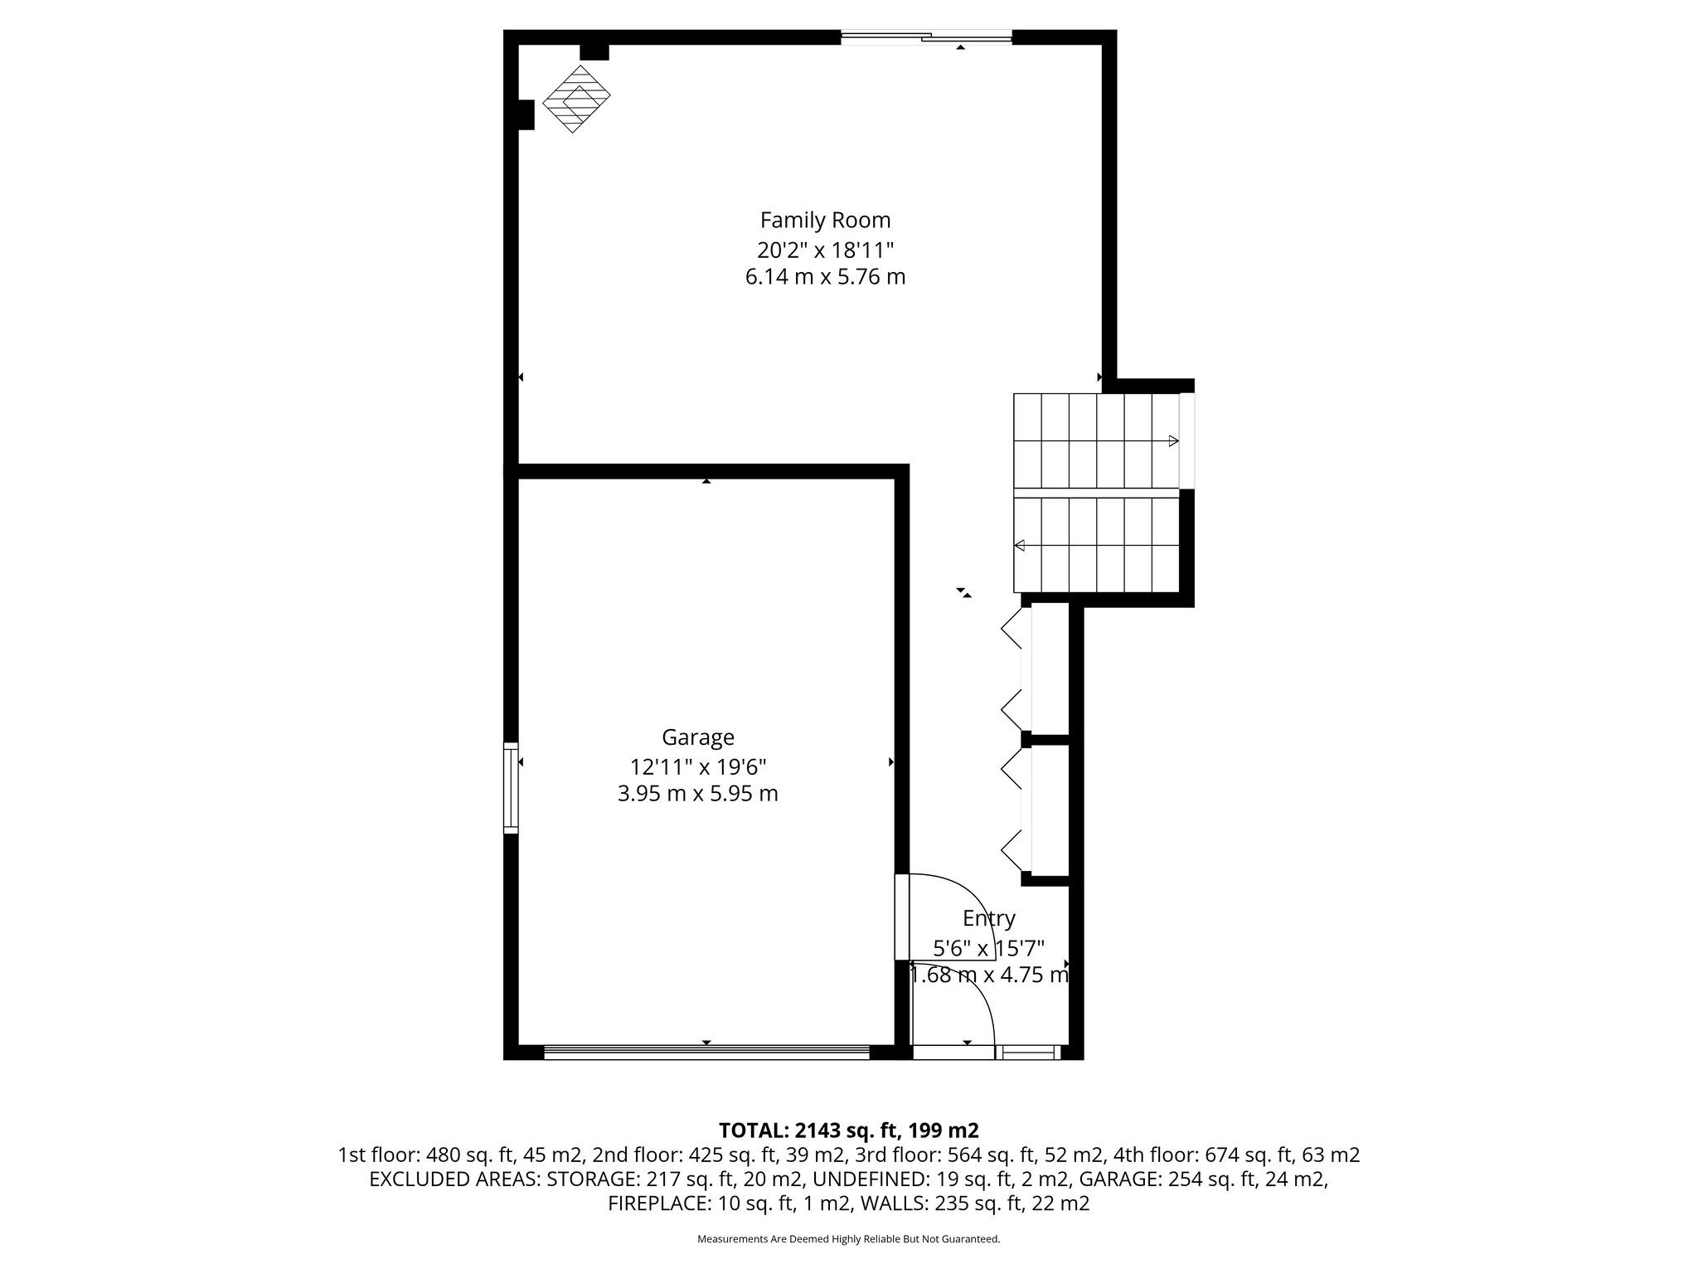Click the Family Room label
coord(825,221)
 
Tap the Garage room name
coord(697,737)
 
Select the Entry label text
coord(988,919)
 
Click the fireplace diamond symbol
coord(576,99)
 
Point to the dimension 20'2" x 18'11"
coord(825,249)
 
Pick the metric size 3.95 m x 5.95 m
coord(697,794)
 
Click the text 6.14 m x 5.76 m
coord(825,277)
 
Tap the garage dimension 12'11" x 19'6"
coord(697,766)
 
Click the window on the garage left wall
coord(511,787)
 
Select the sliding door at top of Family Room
coord(926,36)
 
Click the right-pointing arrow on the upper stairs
coord(1172,440)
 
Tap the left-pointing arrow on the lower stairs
coord(1020,545)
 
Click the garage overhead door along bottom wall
coord(706,1052)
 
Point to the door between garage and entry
coord(902,917)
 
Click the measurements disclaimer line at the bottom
coord(848,1239)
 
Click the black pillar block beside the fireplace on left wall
coord(525,114)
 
